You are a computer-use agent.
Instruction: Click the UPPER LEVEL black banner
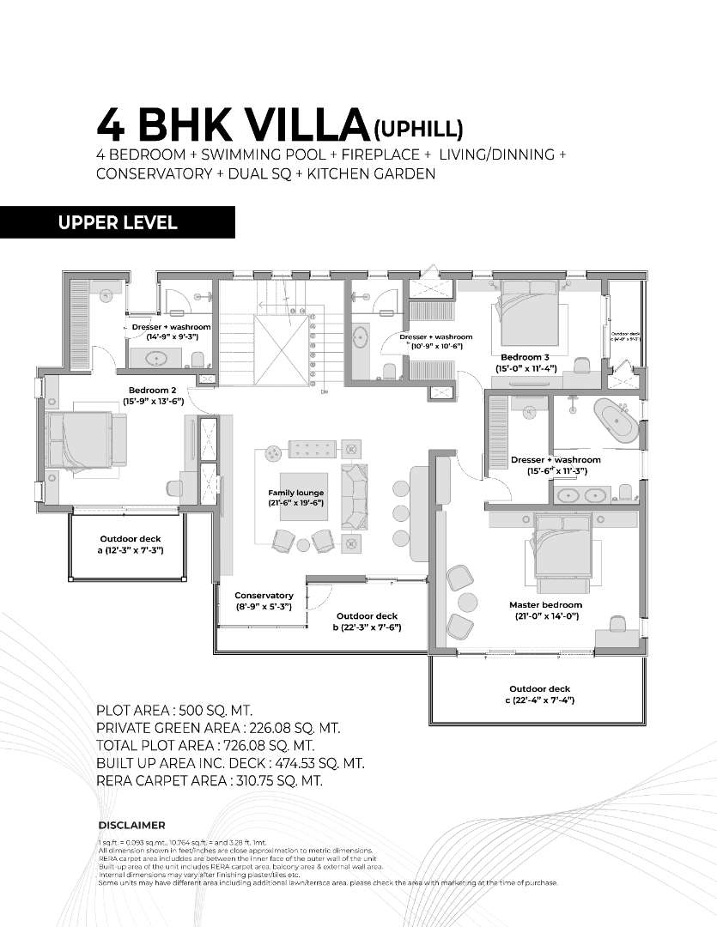tap(118, 222)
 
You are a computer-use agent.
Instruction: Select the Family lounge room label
tap(295, 492)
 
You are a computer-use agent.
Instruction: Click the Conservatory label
tap(264, 595)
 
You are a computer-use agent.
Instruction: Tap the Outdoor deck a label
tap(131, 539)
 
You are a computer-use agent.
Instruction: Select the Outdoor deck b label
tap(367, 616)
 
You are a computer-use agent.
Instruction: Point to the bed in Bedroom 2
tap(86, 439)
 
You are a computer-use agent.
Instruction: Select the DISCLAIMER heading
tap(131, 826)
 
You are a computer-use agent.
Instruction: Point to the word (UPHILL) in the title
tap(418, 129)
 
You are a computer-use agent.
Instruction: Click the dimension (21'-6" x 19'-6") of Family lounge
tap(295, 503)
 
